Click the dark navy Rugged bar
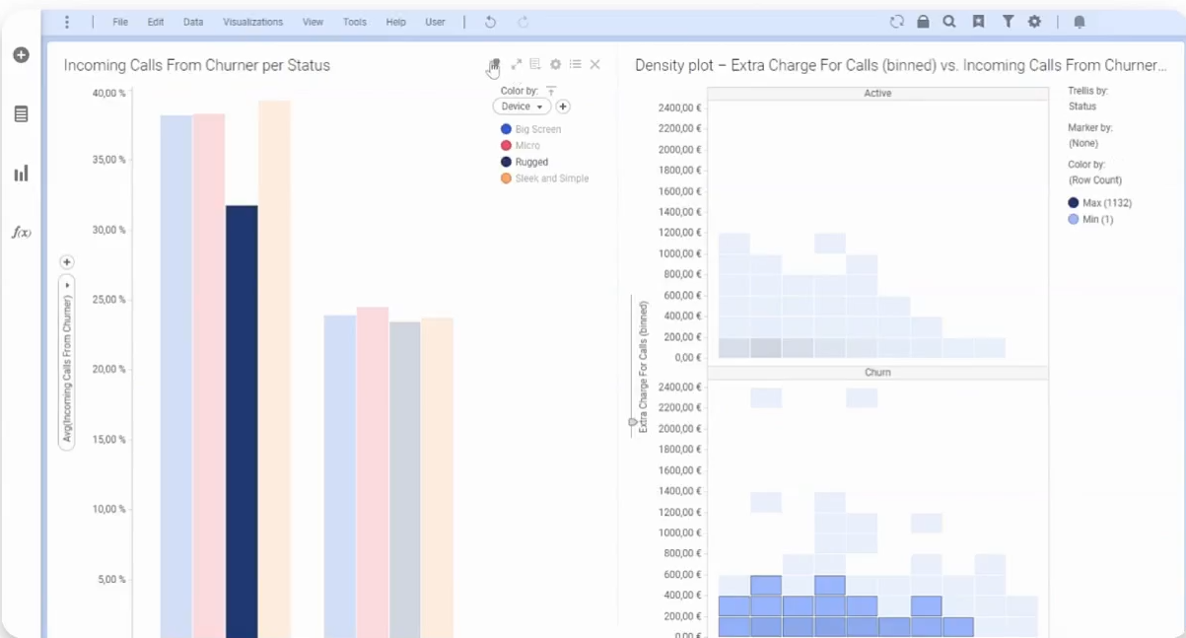[242, 414]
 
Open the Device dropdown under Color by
[522, 106]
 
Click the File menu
[120, 22]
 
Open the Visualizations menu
[252, 22]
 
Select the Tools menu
[355, 22]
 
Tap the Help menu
[395, 22]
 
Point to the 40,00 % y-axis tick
[108, 94]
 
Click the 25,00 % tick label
[108, 300]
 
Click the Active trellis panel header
[877, 94]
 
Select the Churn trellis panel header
[877, 373]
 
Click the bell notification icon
[1080, 22]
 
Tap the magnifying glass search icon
[949, 22]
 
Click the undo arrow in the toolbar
[490, 22]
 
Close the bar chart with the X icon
[594, 65]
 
